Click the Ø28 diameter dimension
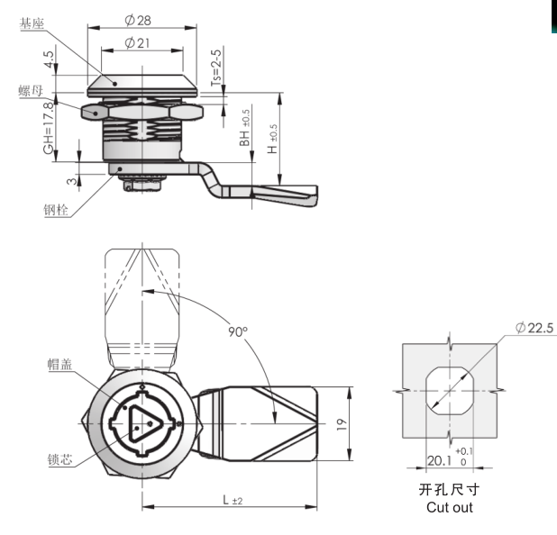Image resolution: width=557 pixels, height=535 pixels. point(138,20)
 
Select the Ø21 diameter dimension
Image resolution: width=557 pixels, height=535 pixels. point(137,43)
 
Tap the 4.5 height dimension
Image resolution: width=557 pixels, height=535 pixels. point(49,59)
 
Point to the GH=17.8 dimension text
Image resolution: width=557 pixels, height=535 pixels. point(49,128)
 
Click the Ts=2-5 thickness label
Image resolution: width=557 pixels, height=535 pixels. point(216,68)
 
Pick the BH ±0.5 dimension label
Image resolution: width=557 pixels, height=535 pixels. point(244,128)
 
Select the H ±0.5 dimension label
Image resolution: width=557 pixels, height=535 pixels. point(272,139)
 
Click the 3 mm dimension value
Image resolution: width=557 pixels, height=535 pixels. point(72,181)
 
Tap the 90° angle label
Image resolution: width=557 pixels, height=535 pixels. point(238,331)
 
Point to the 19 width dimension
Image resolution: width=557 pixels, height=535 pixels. point(342,424)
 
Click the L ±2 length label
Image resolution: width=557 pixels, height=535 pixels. point(233,500)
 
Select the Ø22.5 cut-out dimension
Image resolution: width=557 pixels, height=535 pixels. point(534,328)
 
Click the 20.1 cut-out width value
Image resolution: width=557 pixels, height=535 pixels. point(440,461)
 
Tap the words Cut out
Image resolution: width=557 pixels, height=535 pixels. point(450,507)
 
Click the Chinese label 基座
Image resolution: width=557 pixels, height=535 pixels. point(32,23)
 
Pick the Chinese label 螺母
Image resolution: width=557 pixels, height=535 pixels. point(31,91)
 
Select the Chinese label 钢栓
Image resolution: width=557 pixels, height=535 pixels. point(56,210)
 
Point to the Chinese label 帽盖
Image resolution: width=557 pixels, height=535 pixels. point(60,364)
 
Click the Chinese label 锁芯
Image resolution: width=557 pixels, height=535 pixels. point(60,459)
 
